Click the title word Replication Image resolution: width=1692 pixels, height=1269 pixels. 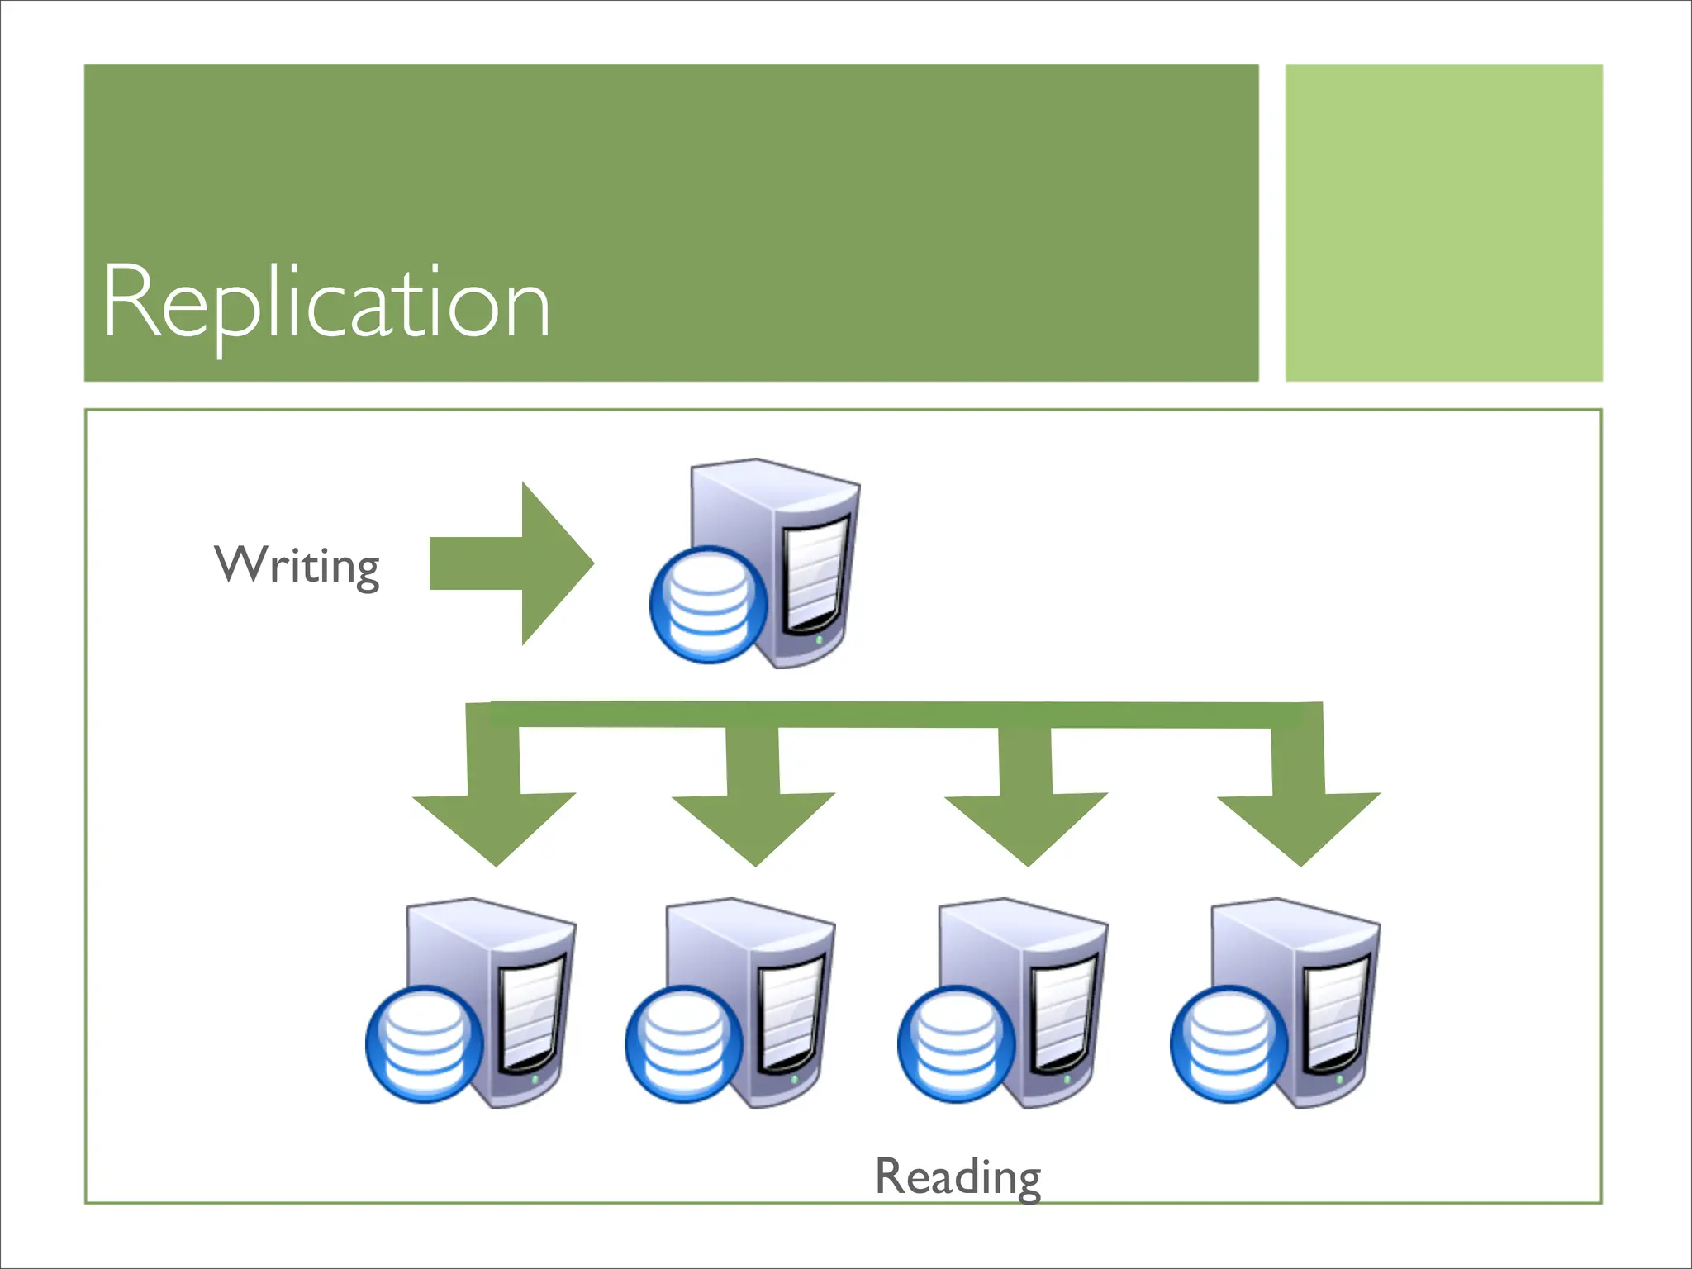[x=326, y=302]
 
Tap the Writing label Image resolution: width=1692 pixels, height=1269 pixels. [x=297, y=566]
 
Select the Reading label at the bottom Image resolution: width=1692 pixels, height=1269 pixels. [x=958, y=1176]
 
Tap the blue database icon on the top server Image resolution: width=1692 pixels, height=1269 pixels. [x=709, y=605]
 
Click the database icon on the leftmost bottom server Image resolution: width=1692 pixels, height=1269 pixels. [x=425, y=1044]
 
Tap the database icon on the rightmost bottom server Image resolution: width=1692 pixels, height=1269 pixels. [x=1229, y=1044]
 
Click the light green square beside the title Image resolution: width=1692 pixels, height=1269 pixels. [x=1443, y=223]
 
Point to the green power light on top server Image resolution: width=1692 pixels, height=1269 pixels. [x=819, y=639]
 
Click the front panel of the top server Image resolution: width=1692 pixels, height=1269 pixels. [x=816, y=570]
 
